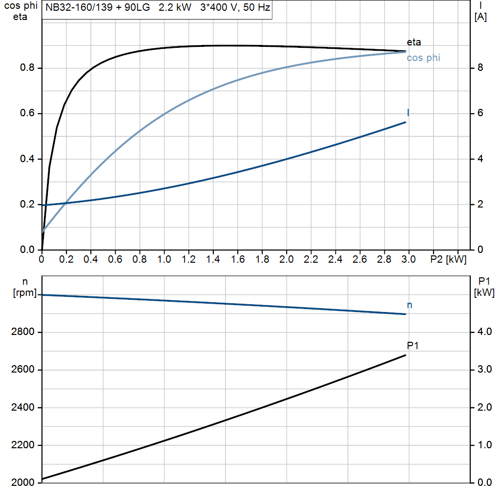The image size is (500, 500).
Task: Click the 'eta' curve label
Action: (x=414, y=42)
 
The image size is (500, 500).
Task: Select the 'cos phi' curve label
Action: (x=423, y=58)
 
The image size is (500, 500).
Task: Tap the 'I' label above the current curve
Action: (x=408, y=113)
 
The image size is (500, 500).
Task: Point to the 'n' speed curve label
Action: (x=410, y=305)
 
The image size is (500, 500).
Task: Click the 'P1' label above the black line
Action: (x=413, y=346)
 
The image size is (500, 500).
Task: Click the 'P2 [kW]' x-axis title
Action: (x=448, y=260)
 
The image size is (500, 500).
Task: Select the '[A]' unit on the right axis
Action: (x=481, y=17)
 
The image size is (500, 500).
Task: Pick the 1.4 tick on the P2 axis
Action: (x=213, y=260)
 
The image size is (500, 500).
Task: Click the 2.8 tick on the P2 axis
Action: (x=384, y=260)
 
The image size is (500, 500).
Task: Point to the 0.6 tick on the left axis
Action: (x=27, y=114)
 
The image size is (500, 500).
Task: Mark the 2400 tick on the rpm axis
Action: (x=22, y=408)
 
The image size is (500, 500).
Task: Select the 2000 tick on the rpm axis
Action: (x=22, y=483)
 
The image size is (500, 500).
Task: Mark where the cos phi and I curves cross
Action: (x=65, y=203)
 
